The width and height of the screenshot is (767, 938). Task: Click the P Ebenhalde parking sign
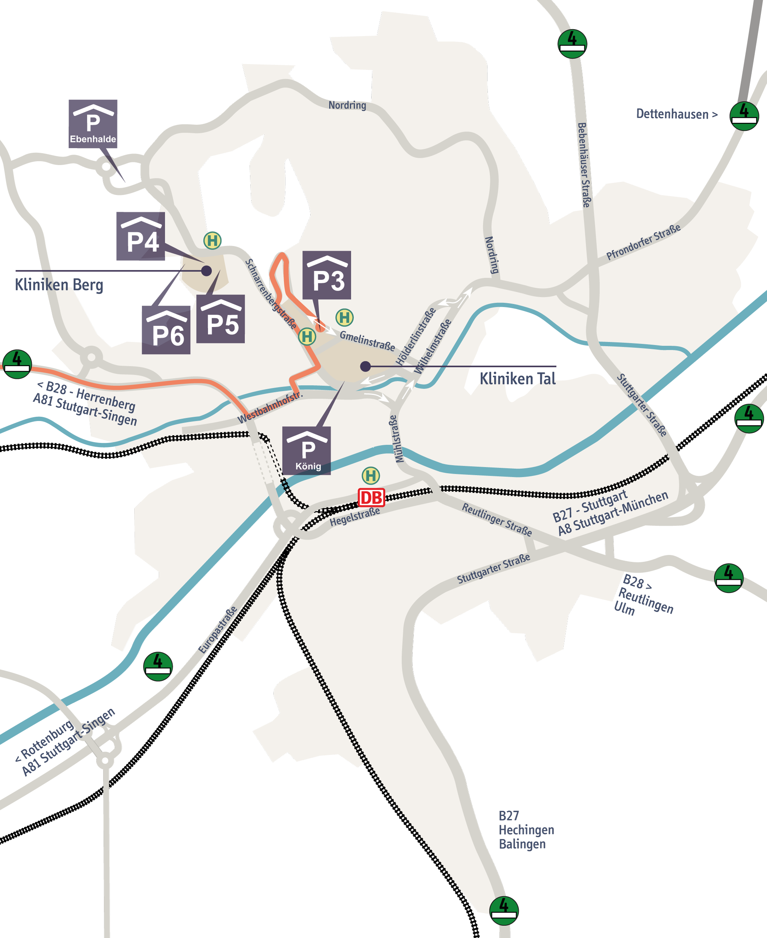[93, 123]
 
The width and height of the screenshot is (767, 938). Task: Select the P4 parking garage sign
[140, 236]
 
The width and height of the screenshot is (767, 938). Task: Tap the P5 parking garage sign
[221, 319]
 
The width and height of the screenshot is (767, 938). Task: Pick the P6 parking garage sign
[166, 330]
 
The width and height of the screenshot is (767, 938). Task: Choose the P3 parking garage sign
[326, 275]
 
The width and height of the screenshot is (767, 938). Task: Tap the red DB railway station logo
[371, 498]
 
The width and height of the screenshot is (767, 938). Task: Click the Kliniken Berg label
[59, 285]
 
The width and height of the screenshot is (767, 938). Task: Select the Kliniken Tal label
[517, 378]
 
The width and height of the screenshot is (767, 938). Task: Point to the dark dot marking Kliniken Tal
[365, 366]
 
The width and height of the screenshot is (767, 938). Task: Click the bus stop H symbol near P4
[212, 241]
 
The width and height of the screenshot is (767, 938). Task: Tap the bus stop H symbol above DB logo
[371, 476]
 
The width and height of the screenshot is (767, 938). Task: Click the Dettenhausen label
[676, 114]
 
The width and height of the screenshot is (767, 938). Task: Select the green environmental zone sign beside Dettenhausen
[744, 116]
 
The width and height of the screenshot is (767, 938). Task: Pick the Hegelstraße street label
[355, 517]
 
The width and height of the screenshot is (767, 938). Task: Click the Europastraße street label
[218, 630]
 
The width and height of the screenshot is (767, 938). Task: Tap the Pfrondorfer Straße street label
[643, 242]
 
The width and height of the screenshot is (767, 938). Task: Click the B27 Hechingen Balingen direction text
[526, 830]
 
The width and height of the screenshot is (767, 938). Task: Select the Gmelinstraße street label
[367, 341]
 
